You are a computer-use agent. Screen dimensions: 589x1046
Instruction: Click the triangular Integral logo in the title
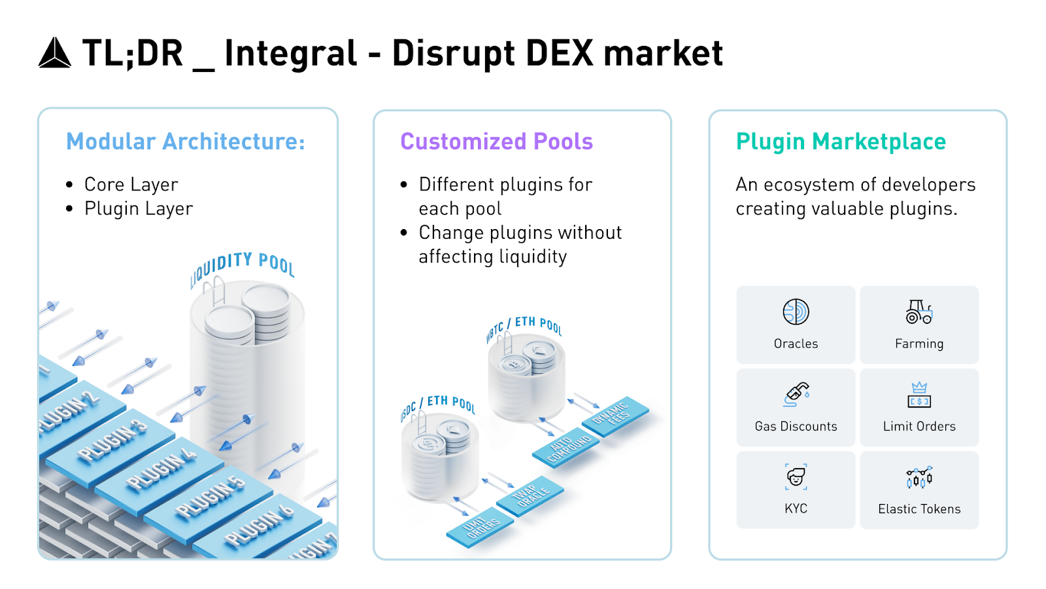pyautogui.click(x=54, y=53)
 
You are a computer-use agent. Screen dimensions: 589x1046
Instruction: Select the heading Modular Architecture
pyautogui.click(x=186, y=141)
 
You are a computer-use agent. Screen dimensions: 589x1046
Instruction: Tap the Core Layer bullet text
pyautogui.click(x=131, y=185)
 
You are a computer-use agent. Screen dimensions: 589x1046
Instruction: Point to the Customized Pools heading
pyautogui.click(x=496, y=141)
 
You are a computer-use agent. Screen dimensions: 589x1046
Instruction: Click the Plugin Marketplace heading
pyautogui.click(x=841, y=141)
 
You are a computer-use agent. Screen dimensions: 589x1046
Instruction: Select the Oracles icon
pyautogui.click(x=796, y=312)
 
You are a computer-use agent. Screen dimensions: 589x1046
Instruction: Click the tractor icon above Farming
pyautogui.click(x=919, y=312)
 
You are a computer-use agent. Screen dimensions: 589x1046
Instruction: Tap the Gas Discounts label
pyautogui.click(x=796, y=426)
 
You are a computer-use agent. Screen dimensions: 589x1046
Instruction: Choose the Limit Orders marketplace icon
pyautogui.click(x=919, y=395)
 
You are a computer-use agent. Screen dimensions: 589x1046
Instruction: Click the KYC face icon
pyautogui.click(x=796, y=476)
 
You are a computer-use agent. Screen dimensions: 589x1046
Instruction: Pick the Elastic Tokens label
pyautogui.click(x=919, y=509)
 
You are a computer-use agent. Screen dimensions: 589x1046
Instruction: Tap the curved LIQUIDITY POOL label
pyautogui.click(x=243, y=266)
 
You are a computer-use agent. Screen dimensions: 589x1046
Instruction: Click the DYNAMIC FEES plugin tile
pyautogui.click(x=613, y=414)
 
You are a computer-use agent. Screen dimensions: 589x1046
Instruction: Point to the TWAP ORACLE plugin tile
pyautogui.click(x=531, y=495)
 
